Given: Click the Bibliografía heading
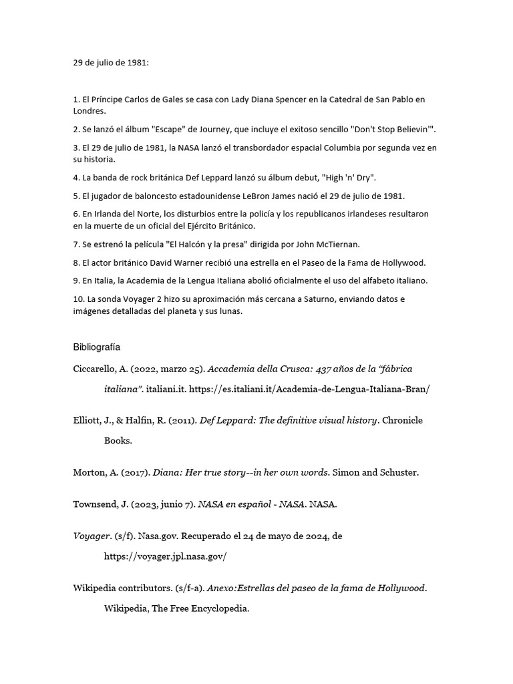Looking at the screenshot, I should pos(96,347).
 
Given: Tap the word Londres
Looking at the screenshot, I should pos(89,111).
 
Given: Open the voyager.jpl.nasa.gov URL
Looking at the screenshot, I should pos(166,555).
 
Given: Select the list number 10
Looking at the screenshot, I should pos(77,298).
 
